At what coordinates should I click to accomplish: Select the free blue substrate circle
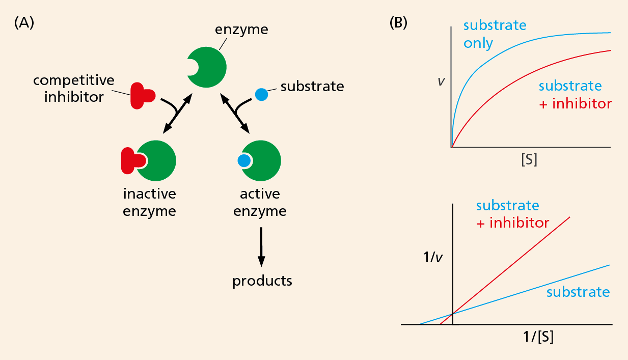tap(261, 95)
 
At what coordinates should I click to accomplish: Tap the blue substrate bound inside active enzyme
tap(244, 161)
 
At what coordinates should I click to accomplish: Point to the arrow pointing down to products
tap(261, 247)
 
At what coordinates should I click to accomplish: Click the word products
tap(262, 281)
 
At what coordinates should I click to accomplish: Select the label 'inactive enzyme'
tap(149, 202)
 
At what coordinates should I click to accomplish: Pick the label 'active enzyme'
tap(260, 202)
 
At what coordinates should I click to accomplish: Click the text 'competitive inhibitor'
tap(73, 89)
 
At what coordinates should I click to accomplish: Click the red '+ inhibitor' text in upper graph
tap(575, 104)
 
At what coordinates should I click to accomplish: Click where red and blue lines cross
tap(453, 313)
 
